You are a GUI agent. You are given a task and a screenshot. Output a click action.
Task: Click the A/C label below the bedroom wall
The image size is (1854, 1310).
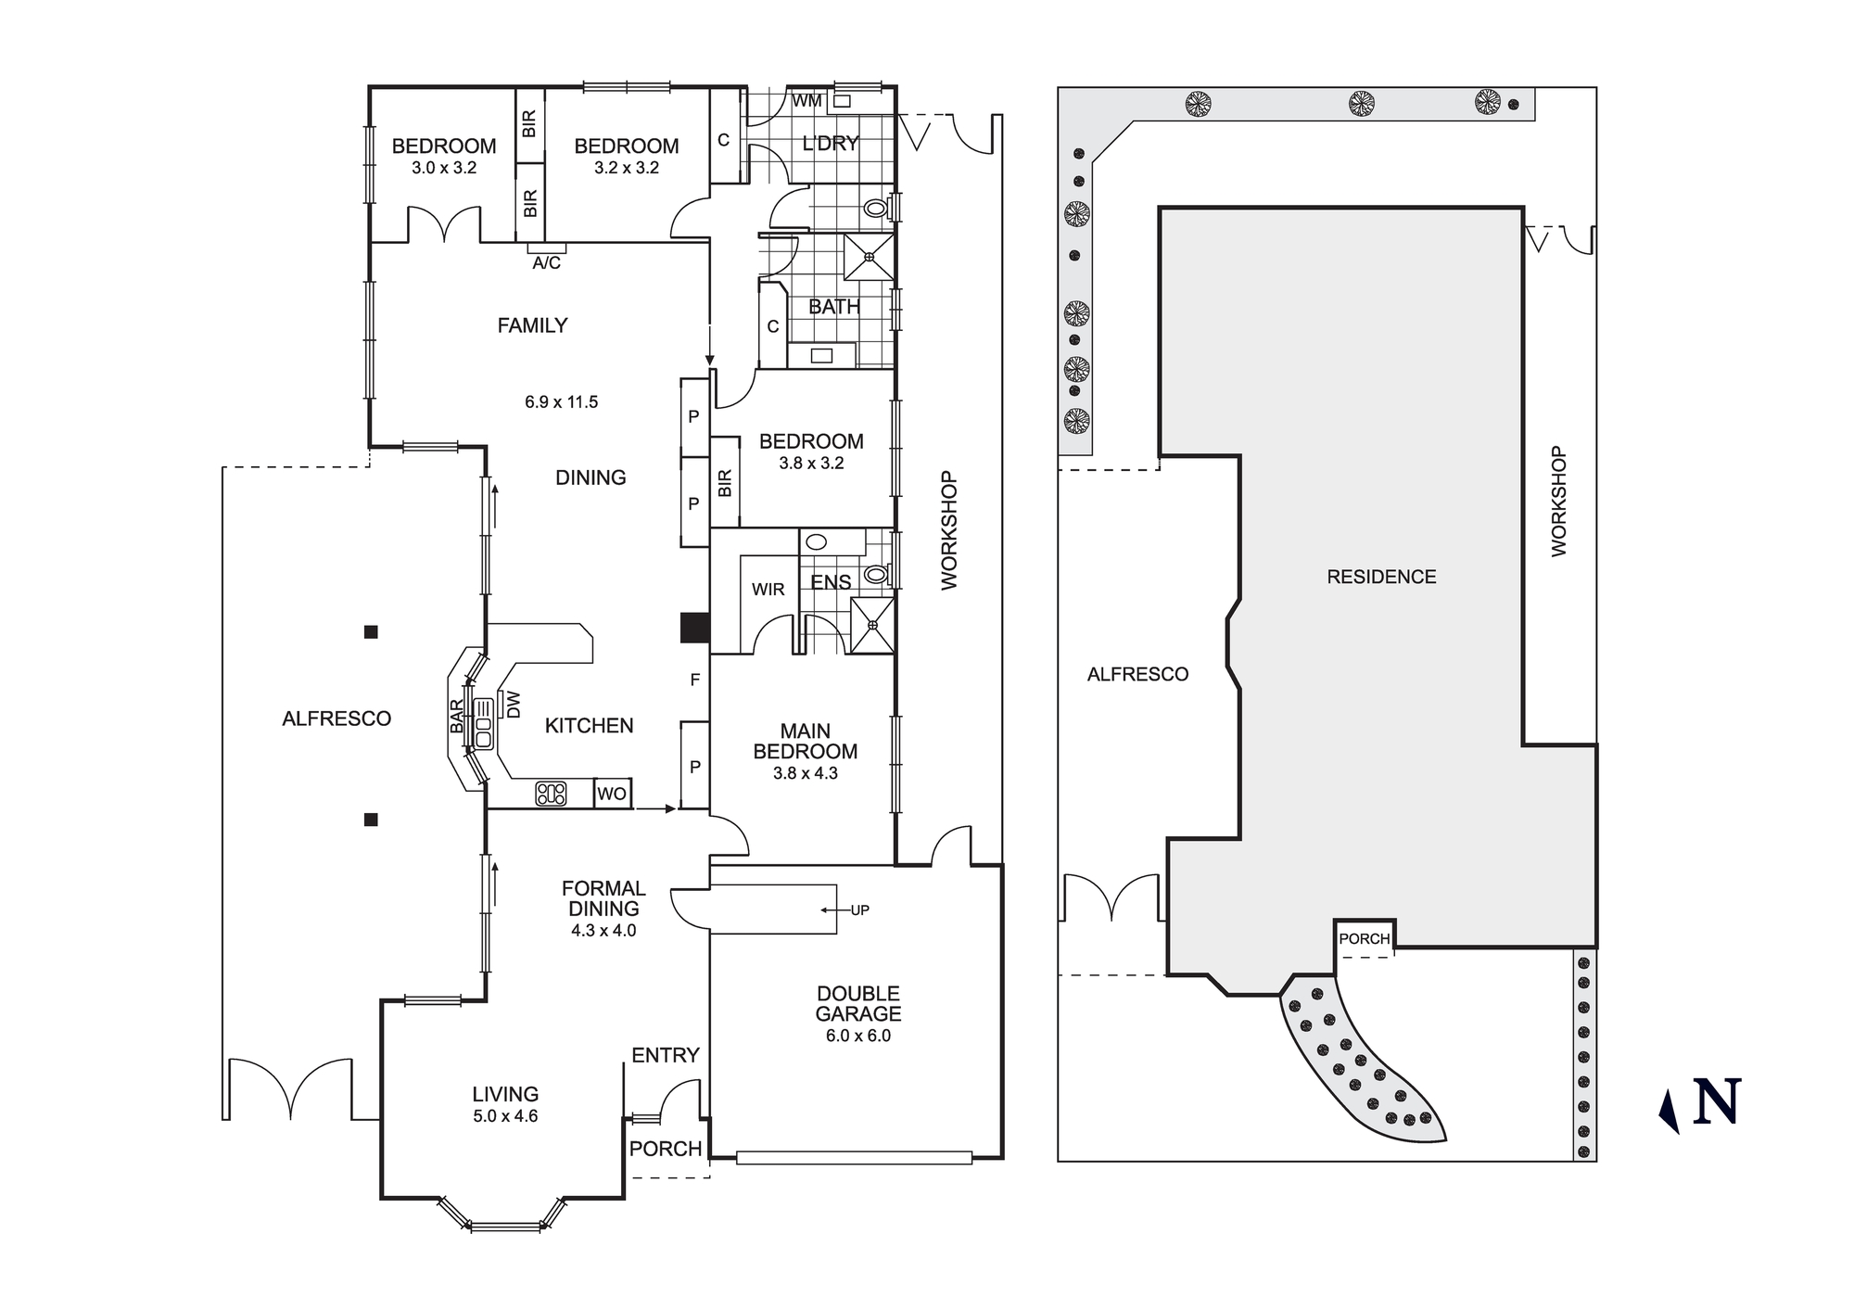pos(546,263)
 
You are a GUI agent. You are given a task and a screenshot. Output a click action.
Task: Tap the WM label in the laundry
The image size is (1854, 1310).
pos(806,101)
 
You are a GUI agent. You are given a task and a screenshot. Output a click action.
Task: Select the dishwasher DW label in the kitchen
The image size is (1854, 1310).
pos(514,705)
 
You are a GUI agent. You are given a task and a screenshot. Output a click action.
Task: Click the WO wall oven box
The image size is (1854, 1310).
pos(612,794)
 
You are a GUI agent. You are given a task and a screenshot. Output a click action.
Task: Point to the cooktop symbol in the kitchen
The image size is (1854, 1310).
pos(551,794)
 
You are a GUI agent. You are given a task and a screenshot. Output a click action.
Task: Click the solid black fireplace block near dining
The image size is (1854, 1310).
pos(694,628)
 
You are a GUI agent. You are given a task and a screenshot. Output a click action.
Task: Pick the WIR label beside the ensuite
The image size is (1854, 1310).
pos(768,590)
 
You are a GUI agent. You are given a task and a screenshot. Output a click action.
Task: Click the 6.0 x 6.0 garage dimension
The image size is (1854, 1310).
pos(857,1036)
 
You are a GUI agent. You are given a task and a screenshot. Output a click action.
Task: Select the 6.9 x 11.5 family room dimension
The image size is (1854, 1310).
pos(561,402)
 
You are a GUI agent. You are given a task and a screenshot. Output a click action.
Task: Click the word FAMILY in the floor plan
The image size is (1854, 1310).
pos(532,325)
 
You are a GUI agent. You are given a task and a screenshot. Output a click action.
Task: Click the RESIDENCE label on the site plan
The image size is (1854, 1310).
pos(1381,577)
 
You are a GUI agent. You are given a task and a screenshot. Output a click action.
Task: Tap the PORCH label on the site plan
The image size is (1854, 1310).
pos(1364,939)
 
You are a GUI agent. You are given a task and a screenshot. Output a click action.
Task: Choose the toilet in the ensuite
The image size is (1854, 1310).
pos(874,575)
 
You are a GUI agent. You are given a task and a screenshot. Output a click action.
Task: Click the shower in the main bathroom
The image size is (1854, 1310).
pos(869,257)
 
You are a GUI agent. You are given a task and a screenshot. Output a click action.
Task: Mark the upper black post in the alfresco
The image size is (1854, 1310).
pos(371,632)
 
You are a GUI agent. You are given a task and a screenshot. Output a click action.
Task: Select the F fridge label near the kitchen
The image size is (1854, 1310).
pos(694,680)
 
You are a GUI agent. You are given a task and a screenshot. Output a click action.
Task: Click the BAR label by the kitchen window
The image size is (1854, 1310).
pos(457,717)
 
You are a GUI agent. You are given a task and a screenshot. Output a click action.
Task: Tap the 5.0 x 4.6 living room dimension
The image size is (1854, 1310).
pos(505,1116)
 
